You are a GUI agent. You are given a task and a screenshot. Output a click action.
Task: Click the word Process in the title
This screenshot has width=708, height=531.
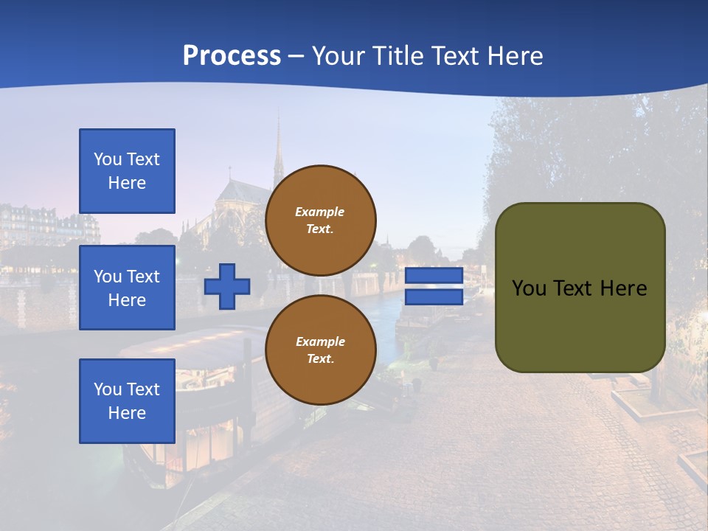pyautogui.click(x=232, y=56)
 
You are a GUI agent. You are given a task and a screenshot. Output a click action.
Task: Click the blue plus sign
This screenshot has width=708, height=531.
pyautogui.click(x=227, y=286)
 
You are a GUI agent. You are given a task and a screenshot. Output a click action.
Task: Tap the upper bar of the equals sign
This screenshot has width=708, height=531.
pyautogui.click(x=434, y=276)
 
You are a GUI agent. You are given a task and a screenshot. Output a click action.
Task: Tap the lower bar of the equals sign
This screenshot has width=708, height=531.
pyautogui.click(x=434, y=297)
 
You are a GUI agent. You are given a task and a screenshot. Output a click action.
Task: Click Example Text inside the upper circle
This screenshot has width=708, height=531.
pyautogui.click(x=320, y=220)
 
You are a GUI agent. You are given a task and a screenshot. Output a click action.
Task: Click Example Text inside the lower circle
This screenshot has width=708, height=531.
pyautogui.click(x=320, y=350)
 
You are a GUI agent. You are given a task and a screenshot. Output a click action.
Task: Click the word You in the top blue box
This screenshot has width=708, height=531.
pyautogui.click(x=108, y=159)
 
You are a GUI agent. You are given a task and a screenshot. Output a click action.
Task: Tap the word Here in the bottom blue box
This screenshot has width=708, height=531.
pyautogui.click(x=127, y=413)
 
